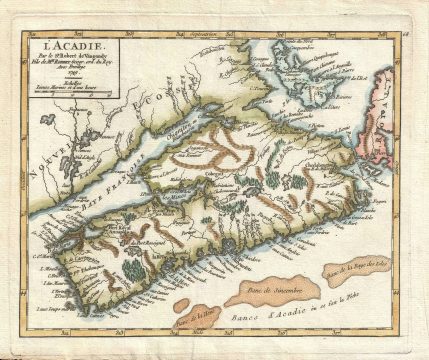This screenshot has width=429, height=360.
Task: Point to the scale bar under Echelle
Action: [61, 90]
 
